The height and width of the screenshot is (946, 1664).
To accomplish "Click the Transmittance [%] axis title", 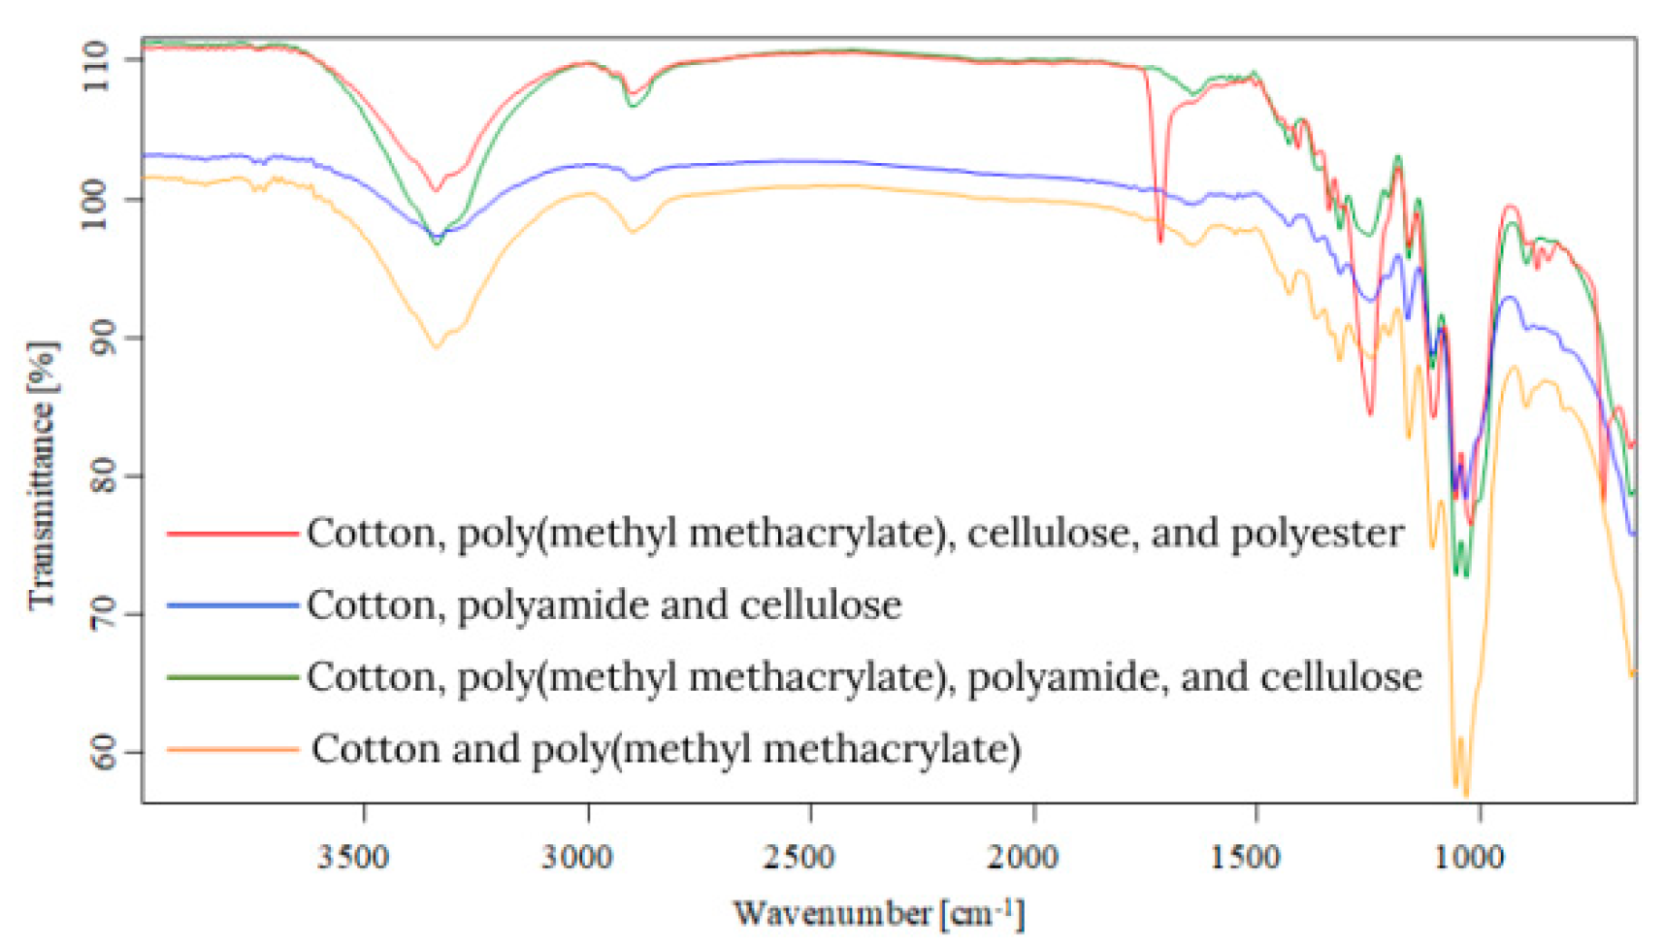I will coord(41,475).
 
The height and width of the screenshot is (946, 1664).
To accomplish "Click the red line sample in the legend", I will coord(231,534).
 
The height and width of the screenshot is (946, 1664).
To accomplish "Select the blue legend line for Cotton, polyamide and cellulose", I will coord(231,605).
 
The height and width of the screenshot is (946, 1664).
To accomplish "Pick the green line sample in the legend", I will coord(231,676).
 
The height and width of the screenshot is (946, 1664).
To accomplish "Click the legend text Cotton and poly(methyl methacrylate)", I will coord(666,749).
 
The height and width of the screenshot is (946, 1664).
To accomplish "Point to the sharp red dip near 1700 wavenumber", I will coord(1160,239).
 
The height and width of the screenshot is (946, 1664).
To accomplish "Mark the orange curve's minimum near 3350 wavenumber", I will coord(436,346).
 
